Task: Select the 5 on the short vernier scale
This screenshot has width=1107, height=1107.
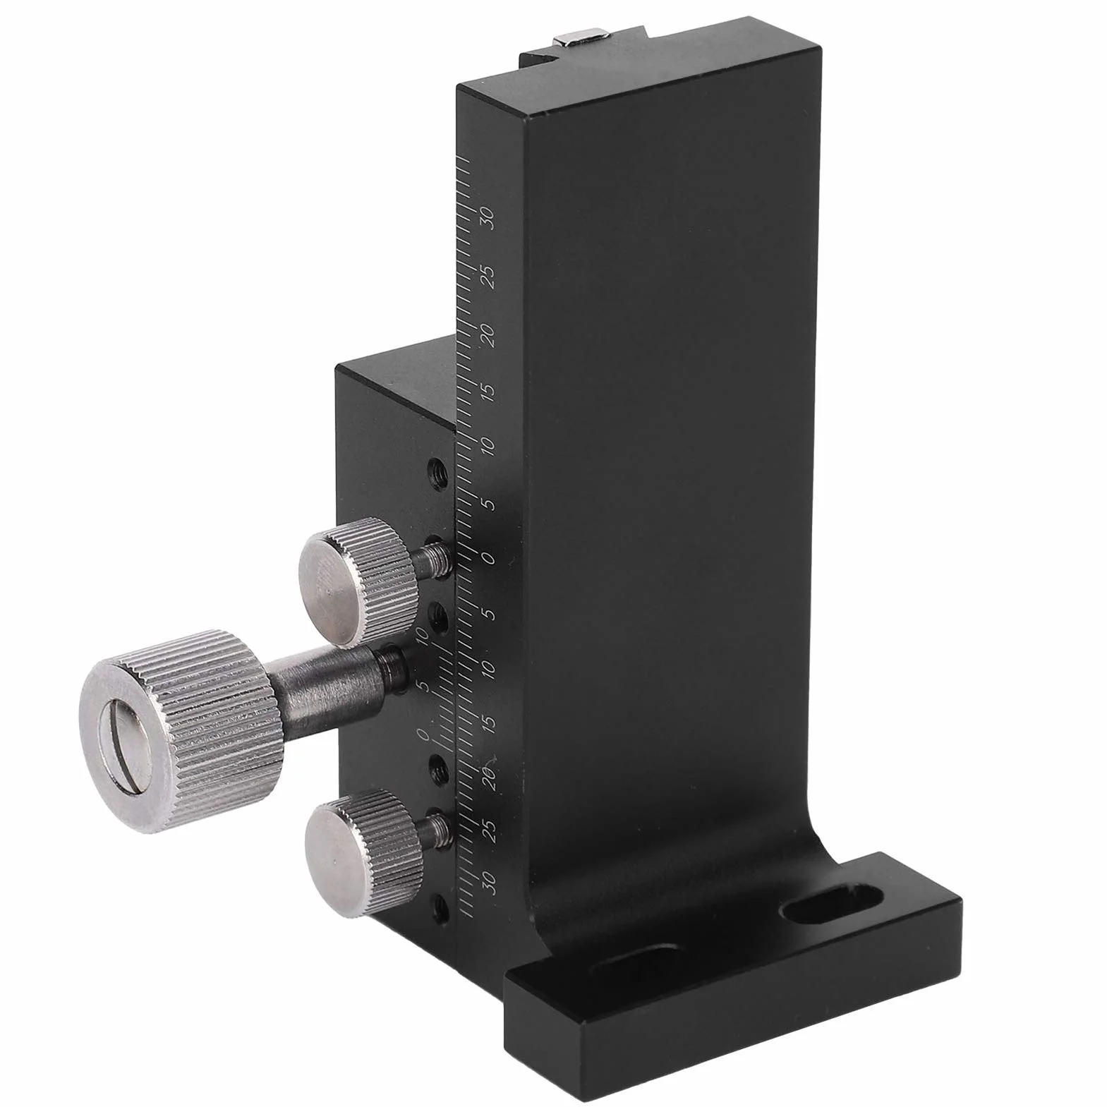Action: [423, 687]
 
